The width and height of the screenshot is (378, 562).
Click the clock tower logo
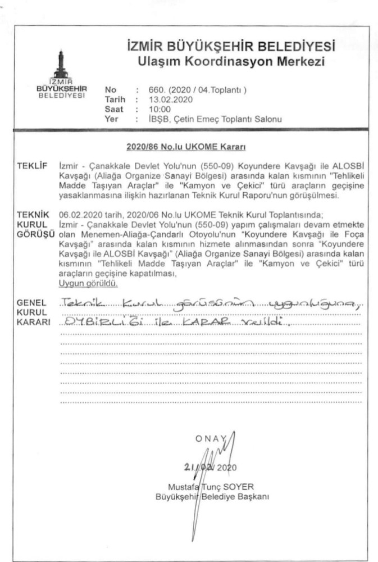61,66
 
